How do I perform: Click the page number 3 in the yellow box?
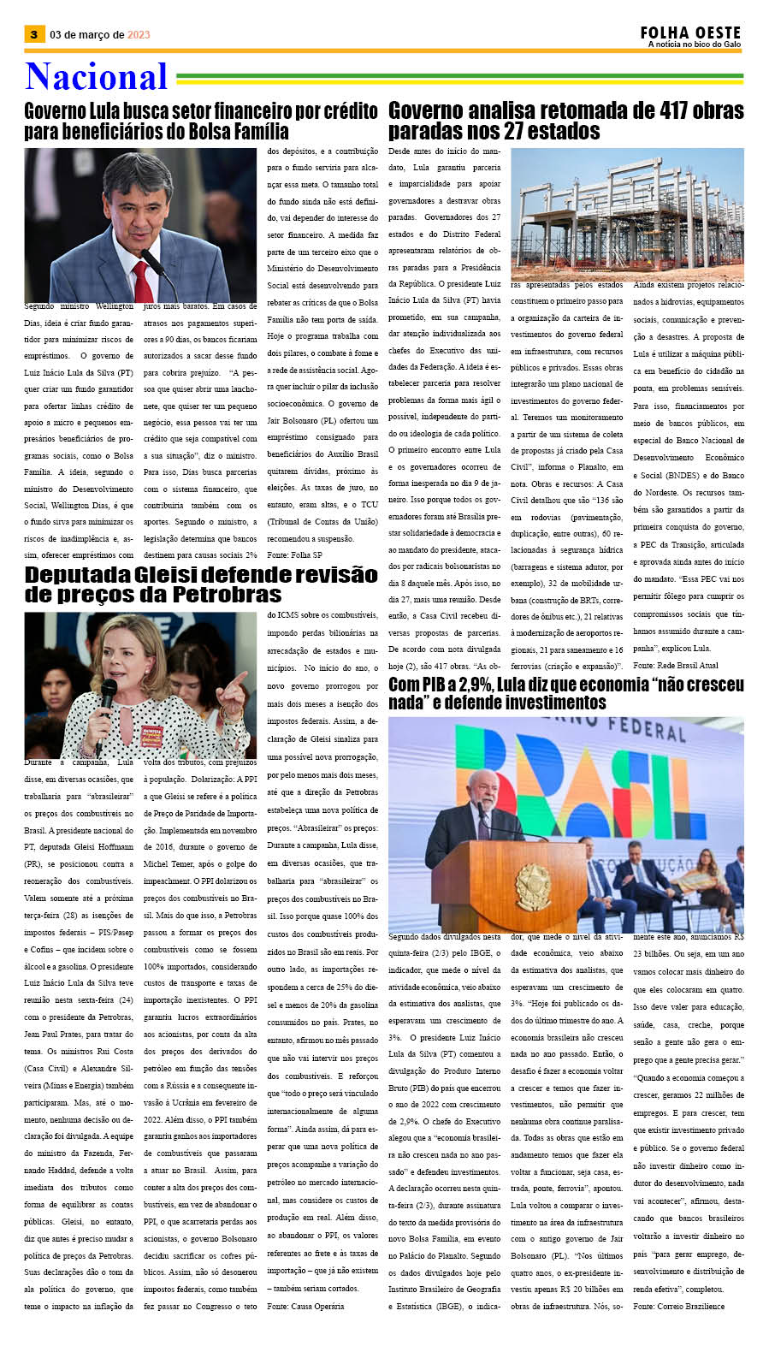pos(33,34)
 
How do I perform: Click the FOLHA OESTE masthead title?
pos(690,33)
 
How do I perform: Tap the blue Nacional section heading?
pos(96,77)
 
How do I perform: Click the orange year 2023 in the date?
pos(139,35)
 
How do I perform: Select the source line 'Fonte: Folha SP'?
pos(294,555)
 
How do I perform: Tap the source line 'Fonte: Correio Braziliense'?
pos(678,1306)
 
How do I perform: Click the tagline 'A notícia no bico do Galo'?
pos(694,44)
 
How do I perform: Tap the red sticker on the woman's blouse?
pos(151,735)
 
